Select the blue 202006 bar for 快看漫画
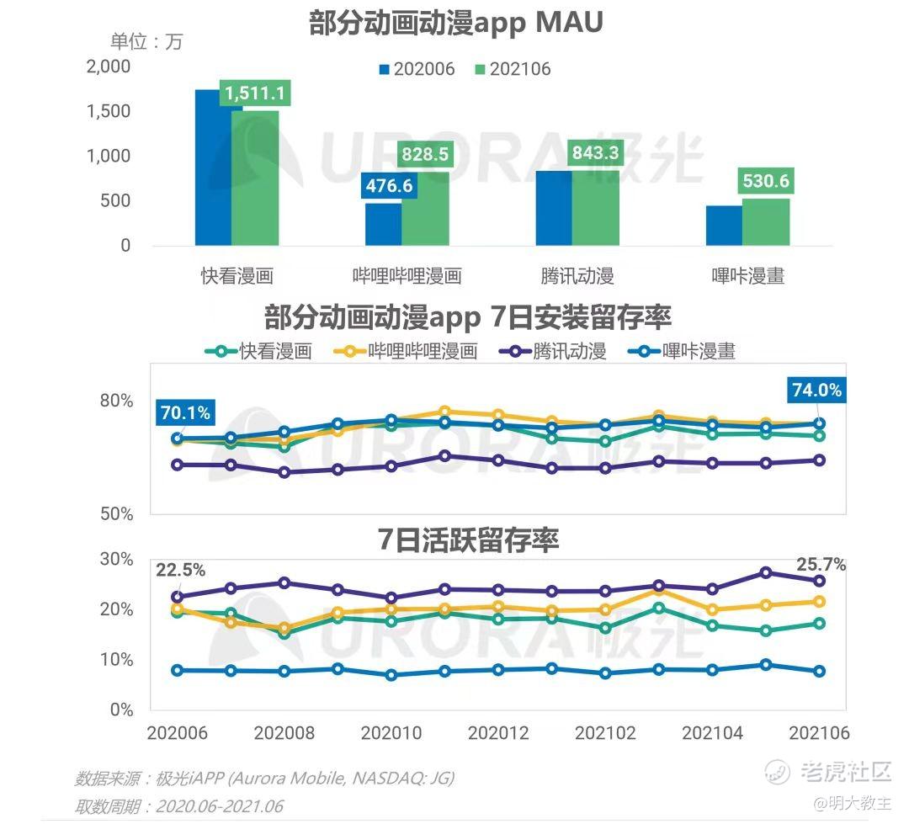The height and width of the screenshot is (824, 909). [212, 168]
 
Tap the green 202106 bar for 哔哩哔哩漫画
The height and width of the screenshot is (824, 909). [425, 210]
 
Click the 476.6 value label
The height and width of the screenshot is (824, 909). [389, 186]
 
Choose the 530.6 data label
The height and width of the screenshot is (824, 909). [766, 181]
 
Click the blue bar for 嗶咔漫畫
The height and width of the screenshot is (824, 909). [724, 226]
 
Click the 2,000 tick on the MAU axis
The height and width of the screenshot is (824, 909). [109, 66]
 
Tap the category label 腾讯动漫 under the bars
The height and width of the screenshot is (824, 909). [577, 275]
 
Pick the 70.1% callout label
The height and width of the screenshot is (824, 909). [184, 413]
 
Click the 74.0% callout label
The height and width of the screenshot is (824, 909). [816, 390]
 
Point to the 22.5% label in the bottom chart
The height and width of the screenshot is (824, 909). [179, 570]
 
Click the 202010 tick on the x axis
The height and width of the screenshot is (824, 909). [391, 733]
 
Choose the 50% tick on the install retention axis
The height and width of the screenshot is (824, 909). [117, 513]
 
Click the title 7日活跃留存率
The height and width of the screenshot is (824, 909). [468, 540]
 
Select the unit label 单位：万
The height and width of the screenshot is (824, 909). [146, 41]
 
